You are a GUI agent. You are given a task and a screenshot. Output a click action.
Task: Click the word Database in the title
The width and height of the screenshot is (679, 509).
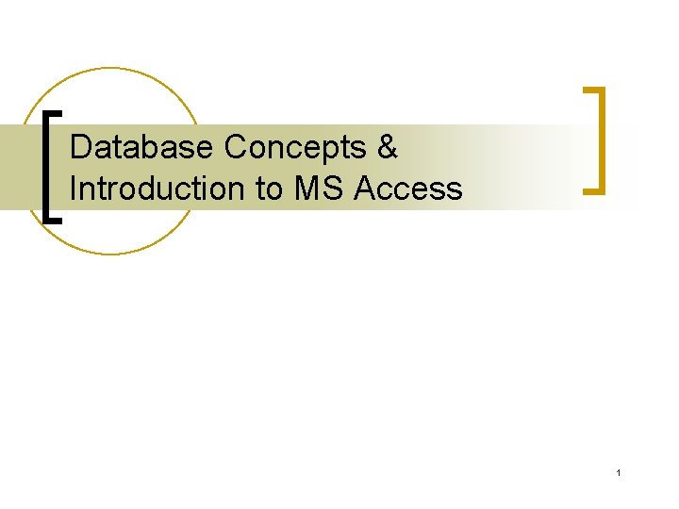(x=143, y=148)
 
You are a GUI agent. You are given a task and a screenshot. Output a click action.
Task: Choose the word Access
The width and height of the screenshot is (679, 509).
(x=408, y=189)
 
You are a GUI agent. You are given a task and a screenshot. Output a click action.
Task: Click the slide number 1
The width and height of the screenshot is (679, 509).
(x=618, y=472)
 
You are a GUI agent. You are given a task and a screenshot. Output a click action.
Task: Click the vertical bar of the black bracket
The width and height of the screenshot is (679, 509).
(x=48, y=166)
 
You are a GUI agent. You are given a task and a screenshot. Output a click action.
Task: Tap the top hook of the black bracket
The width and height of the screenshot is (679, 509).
(x=56, y=112)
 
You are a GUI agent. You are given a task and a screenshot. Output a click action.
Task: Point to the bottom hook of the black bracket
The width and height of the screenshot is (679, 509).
(x=56, y=219)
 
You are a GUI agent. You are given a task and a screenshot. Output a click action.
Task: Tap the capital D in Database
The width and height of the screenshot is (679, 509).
(x=80, y=148)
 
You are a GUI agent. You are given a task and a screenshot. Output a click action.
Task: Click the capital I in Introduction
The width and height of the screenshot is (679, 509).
(x=74, y=189)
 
